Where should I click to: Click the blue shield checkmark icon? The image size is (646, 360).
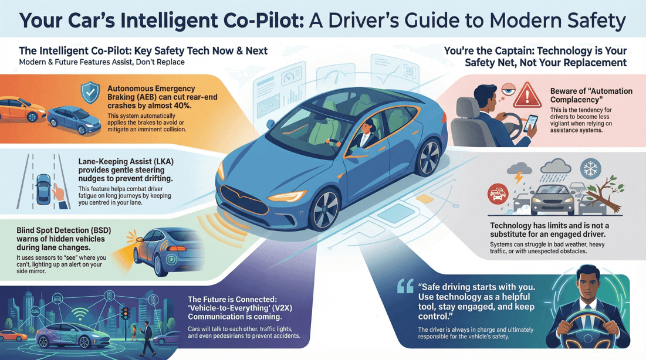90,93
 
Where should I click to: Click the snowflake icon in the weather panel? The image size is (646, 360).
591,169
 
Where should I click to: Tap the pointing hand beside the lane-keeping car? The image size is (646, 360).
59,192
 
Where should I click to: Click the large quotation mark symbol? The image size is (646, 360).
405,286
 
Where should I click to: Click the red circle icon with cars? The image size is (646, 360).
498,193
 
